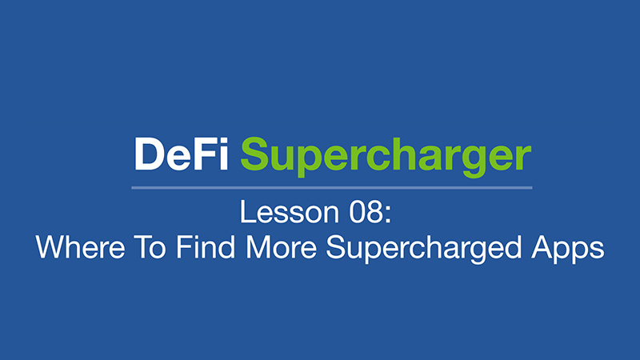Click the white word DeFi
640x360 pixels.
coord(182,154)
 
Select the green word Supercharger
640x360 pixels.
coord(386,157)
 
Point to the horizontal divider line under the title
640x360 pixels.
coord(332,188)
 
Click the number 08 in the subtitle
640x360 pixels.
coord(366,212)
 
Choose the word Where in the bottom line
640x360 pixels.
coord(81,247)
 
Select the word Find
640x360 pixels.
coord(206,247)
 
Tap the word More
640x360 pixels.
coord(282,247)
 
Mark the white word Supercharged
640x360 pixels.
coord(424,249)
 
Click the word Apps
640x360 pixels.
coord(568,249)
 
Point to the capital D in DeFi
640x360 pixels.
coord(149,154)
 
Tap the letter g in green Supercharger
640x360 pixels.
coord(474,162)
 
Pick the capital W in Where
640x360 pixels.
coord(51,247)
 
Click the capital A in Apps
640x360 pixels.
coord(542,247)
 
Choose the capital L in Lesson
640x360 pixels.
coord(247,212)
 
